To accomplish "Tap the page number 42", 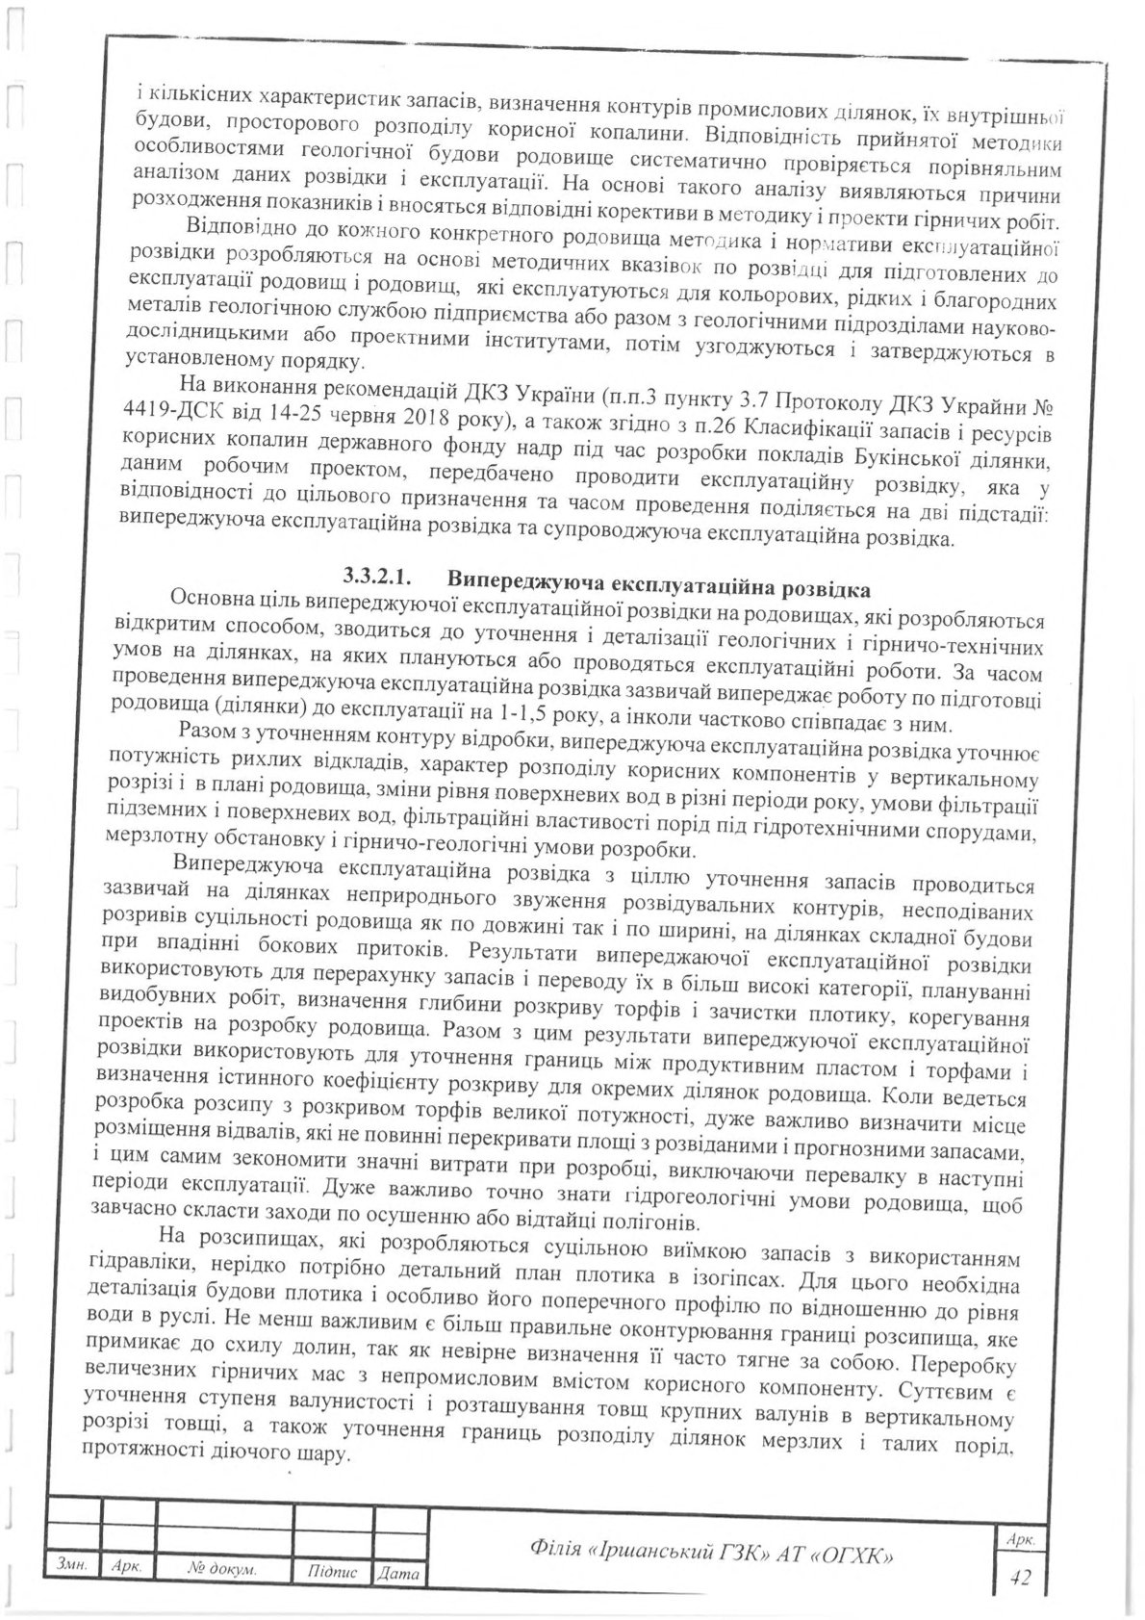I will coord(1016,1577).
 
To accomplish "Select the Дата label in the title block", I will coord(398,1574).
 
